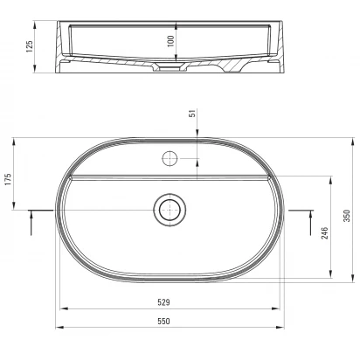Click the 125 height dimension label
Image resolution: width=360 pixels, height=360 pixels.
click(30, 46)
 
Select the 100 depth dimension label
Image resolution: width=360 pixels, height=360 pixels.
click(170, 41)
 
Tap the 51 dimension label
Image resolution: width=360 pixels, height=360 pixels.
click(192, 114)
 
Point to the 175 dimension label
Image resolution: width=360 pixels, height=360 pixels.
click(8, 179)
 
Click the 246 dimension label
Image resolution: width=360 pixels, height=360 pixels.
click(324, 233)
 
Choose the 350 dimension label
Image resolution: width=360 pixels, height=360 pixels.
click(347, 216)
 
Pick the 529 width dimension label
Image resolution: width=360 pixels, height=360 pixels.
click(163, 302)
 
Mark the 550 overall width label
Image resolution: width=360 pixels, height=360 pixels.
click(163, 321)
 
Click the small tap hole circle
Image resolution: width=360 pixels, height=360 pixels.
click(170, 159)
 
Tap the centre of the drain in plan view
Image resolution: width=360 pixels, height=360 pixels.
click(170, 210)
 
